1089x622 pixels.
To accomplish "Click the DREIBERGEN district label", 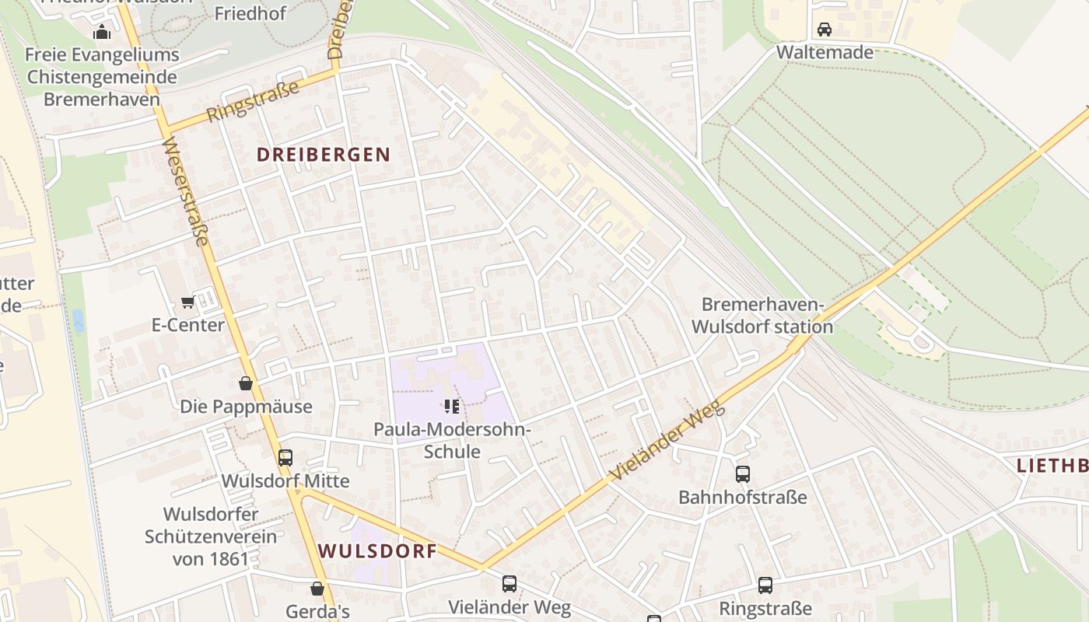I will [x=324, y=154].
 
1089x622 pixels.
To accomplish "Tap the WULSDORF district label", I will [x=377, y=551].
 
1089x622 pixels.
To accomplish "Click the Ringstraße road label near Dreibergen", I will [x=253, y=102].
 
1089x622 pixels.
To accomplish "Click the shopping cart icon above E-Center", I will [x=187, y=302].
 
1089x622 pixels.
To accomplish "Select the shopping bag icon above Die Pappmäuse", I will [x=246, y=383].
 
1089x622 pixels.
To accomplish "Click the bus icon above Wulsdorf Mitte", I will [x=285, y=457].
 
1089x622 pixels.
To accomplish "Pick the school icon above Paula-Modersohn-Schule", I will [x=451, y=406].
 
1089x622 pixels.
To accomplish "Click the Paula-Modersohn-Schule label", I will [x=451, y=440].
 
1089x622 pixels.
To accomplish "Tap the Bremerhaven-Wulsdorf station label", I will [x=762, y=315].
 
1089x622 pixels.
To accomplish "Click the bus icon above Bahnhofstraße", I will [x=742, y=473].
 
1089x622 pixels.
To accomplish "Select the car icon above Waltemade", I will [x=825, y=30].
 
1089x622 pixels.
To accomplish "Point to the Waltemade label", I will [x=825, y=52].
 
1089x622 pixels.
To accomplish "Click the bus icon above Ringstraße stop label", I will [x=765, y=585].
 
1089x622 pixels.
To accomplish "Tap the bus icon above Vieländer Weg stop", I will [x=509, y=583].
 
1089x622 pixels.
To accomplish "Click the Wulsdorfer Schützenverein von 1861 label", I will [x=210, y=536].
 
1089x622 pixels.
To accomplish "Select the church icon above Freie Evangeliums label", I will [x=102, y=32].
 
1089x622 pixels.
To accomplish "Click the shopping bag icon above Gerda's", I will [x=317, y=589].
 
